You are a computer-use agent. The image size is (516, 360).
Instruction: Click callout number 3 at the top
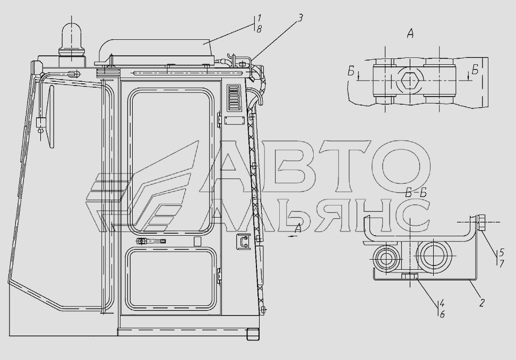tap(299, 18)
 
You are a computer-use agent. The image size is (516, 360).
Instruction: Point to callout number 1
tap(259, 18)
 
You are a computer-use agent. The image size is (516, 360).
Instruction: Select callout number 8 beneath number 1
tap(259, 29)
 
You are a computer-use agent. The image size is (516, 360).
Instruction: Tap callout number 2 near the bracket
tap(481, 303)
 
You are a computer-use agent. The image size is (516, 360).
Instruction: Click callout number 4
tap(442, 303)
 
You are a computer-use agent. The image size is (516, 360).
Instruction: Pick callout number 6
tap(442, 314)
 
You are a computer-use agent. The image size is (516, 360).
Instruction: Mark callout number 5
tap(502, 252)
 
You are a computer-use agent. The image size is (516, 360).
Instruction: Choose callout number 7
tap(502, 263)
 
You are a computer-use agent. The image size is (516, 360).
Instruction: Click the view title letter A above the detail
tap(410, 33)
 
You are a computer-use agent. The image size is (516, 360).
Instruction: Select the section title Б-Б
tap(416, 193)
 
